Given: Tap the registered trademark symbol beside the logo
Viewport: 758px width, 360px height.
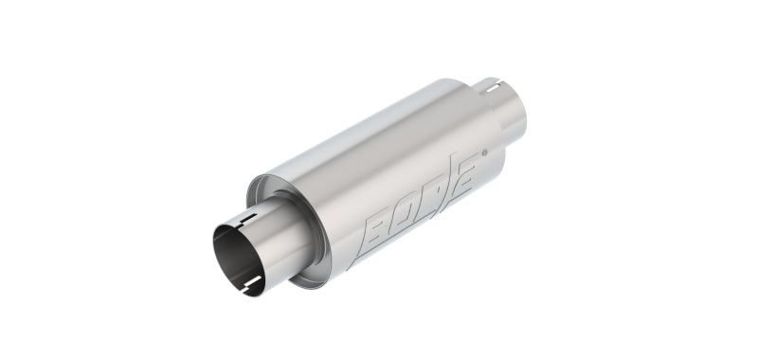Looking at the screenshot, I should click(484, 152).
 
